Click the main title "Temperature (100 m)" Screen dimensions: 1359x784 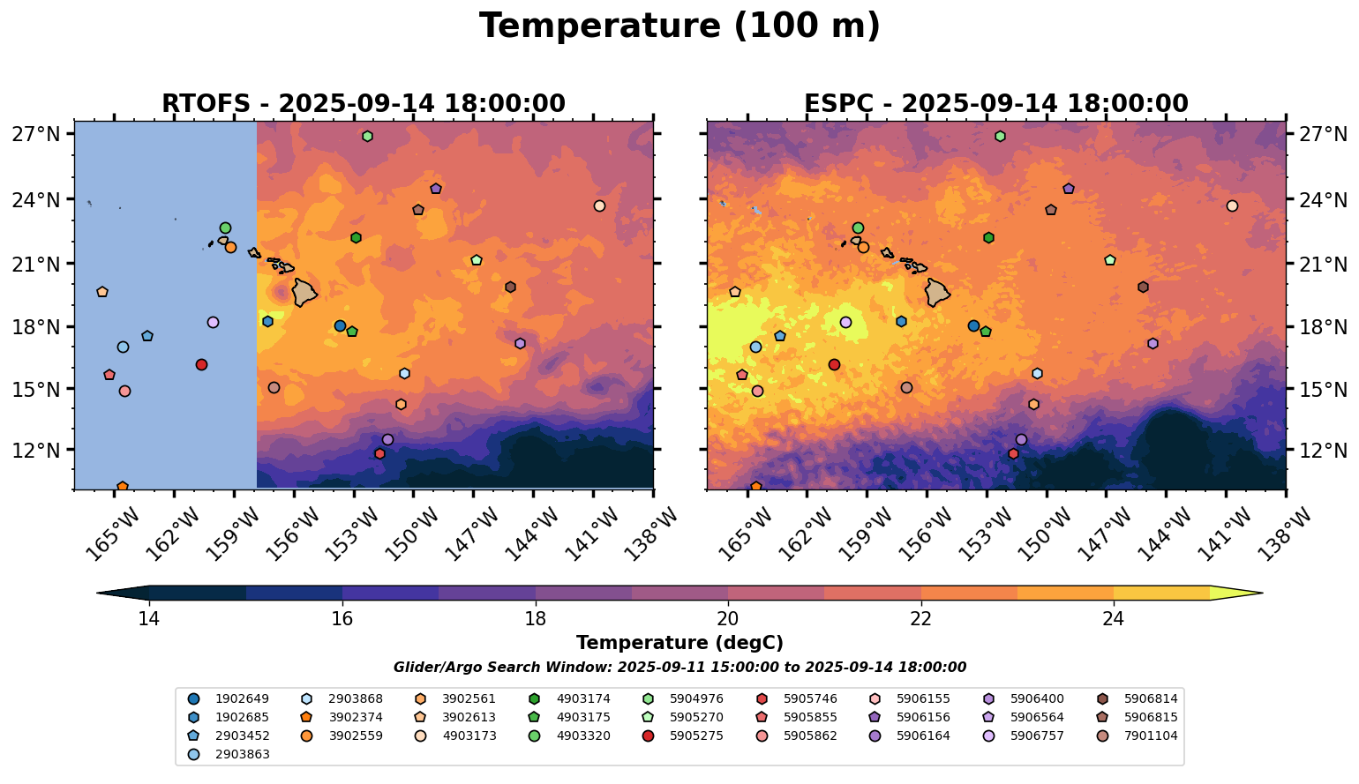[x=679, y=26]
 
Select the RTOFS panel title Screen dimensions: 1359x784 [x=364, y=104]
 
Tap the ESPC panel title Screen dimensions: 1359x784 [x=996, y=104]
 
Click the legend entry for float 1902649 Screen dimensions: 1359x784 [x=228, y=698]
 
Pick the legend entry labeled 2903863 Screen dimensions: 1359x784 [x=228, y=754]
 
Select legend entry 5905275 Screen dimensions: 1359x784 [x=682, y=736]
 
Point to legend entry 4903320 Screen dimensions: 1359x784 [x=568, y=736]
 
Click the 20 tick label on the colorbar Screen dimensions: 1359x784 [x=728, y=619]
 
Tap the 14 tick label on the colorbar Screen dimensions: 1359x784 [x=149, y=619]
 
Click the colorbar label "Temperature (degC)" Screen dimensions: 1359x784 [x=679, y=643]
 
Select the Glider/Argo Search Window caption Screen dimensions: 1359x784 [x=679, y=668]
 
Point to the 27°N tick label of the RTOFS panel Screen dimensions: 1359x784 [x=37, y=134]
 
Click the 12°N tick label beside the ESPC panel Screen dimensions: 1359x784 [x=1323, y=451]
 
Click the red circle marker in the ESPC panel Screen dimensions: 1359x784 [x=834, y=364]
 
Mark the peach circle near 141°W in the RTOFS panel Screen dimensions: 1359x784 [x=599, y=206]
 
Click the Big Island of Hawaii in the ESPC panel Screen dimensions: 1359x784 [x=937, y=293]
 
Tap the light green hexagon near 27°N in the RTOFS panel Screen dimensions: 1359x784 [x=367, y=137]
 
